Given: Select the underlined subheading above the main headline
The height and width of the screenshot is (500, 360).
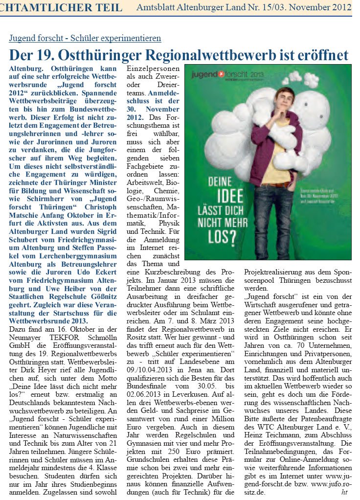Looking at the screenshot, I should (85, 38).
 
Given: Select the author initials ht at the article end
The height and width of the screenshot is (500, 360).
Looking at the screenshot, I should (344, 492).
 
